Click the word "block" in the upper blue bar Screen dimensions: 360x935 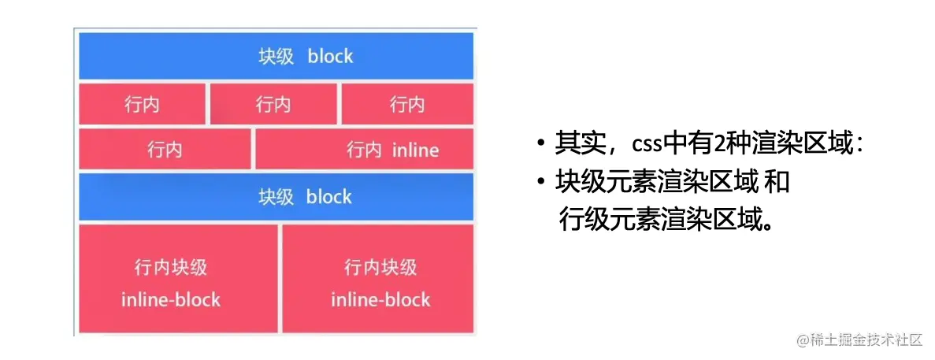click(330, 57)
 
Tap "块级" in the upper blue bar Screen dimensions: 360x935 click(276, 57)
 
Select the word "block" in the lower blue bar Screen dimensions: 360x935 click(328, 197)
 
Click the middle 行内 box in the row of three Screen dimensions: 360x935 click(273, 105)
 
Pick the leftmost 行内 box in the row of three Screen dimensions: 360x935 click(142, 105)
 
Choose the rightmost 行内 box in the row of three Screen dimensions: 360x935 click(406, 105)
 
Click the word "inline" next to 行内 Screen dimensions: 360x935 click(415, 150)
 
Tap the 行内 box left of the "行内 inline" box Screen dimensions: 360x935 click(165, 150)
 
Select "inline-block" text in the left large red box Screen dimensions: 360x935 click(171, 300)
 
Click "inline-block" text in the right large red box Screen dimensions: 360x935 click(380, 300)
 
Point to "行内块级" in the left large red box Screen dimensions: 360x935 click(171, 268)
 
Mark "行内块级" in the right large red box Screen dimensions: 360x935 click(380, 268)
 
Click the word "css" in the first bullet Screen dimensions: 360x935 click(646, 145)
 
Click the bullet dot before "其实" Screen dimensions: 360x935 click(540, 145)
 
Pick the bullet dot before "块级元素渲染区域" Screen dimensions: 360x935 click(540, 183)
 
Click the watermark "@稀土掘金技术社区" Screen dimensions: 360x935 click(859, 340)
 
